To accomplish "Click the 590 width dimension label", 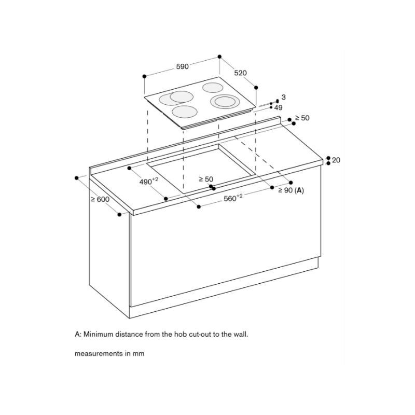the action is [x=183, y=66].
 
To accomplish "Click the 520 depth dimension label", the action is [x=240, y=73].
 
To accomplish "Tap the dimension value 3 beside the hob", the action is [x=283, y=97].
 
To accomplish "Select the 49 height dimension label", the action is [x=278, y=107].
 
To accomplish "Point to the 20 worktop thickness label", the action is [x=336, y=160].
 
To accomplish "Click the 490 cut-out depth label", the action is [x=148, y=181].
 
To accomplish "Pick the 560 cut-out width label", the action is [x=233, y=198].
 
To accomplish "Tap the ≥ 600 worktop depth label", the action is [x=100, y=199].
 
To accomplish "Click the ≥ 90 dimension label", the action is [x=285, y=190].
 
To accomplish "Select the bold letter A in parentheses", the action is [x=299, y=190].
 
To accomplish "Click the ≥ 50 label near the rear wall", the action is [x=302, y=118].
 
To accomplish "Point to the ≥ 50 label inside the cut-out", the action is [x=206, y=179].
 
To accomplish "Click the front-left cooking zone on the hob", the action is [x=185, y=112].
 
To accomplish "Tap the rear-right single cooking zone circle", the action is [x=213, y=88].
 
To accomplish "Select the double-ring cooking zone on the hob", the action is [x=225, y=102].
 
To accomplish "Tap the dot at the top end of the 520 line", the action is [x=219, y=57].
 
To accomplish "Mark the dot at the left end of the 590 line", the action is [x=144, y=76].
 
